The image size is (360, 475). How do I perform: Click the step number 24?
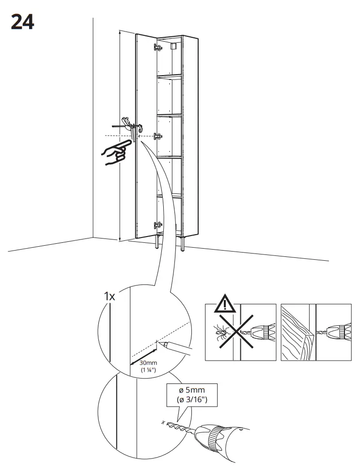point(22,22)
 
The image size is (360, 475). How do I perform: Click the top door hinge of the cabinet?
point(157,47)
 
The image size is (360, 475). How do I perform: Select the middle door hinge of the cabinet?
point(157,137)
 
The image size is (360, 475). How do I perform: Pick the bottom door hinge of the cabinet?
point(157,225)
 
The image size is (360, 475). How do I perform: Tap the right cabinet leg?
point(183,244)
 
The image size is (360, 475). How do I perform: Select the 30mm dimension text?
point(148,363)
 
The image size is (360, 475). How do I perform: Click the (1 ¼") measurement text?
point(148,370)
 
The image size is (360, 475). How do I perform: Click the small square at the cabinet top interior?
point(175,47)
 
